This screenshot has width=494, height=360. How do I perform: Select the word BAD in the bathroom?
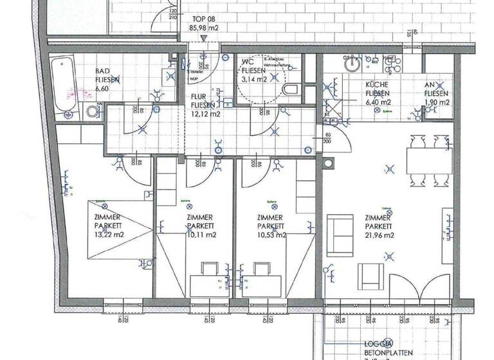tap(102, 71)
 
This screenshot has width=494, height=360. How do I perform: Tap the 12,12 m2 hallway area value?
tap(206, 114)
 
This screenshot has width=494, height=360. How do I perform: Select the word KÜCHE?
tap(376, 84)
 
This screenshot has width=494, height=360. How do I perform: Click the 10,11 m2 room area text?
tap(201, 235)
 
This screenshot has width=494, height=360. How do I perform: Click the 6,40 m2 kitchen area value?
tap(378, 102)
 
